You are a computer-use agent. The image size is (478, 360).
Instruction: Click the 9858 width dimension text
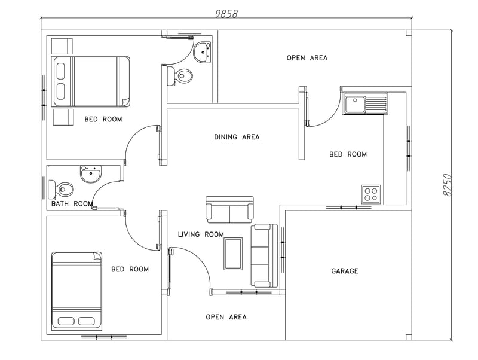click(x=226, y=14)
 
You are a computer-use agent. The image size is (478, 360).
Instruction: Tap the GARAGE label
click(x=345, y=271)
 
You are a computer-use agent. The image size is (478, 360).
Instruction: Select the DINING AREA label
click(x=237, y=137)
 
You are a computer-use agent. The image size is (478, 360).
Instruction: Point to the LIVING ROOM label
click(x=201, y=234)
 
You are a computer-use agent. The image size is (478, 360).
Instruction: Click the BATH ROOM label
click(x=72, y=203)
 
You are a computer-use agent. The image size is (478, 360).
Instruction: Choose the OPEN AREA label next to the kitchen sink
click(x=307, y=58)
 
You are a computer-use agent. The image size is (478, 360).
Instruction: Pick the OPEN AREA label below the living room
click(x=226, y=317)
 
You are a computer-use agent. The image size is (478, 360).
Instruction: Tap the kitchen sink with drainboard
click(x=365, y=104)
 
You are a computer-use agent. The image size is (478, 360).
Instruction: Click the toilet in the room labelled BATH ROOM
click(x=62, y=190)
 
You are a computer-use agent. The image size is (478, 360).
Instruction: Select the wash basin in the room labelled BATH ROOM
click(x=91, y=175)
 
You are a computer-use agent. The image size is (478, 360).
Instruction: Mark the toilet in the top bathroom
click(x=183, y=75)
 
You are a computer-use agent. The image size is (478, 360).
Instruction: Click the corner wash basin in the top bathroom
click(x=203, y=51)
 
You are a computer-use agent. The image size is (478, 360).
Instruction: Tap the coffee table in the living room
click(x=233, y=253)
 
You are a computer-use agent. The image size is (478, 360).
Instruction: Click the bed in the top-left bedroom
click(x=92, y=82)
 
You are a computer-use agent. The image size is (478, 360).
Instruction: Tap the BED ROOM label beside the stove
click(x=348, y=154)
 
